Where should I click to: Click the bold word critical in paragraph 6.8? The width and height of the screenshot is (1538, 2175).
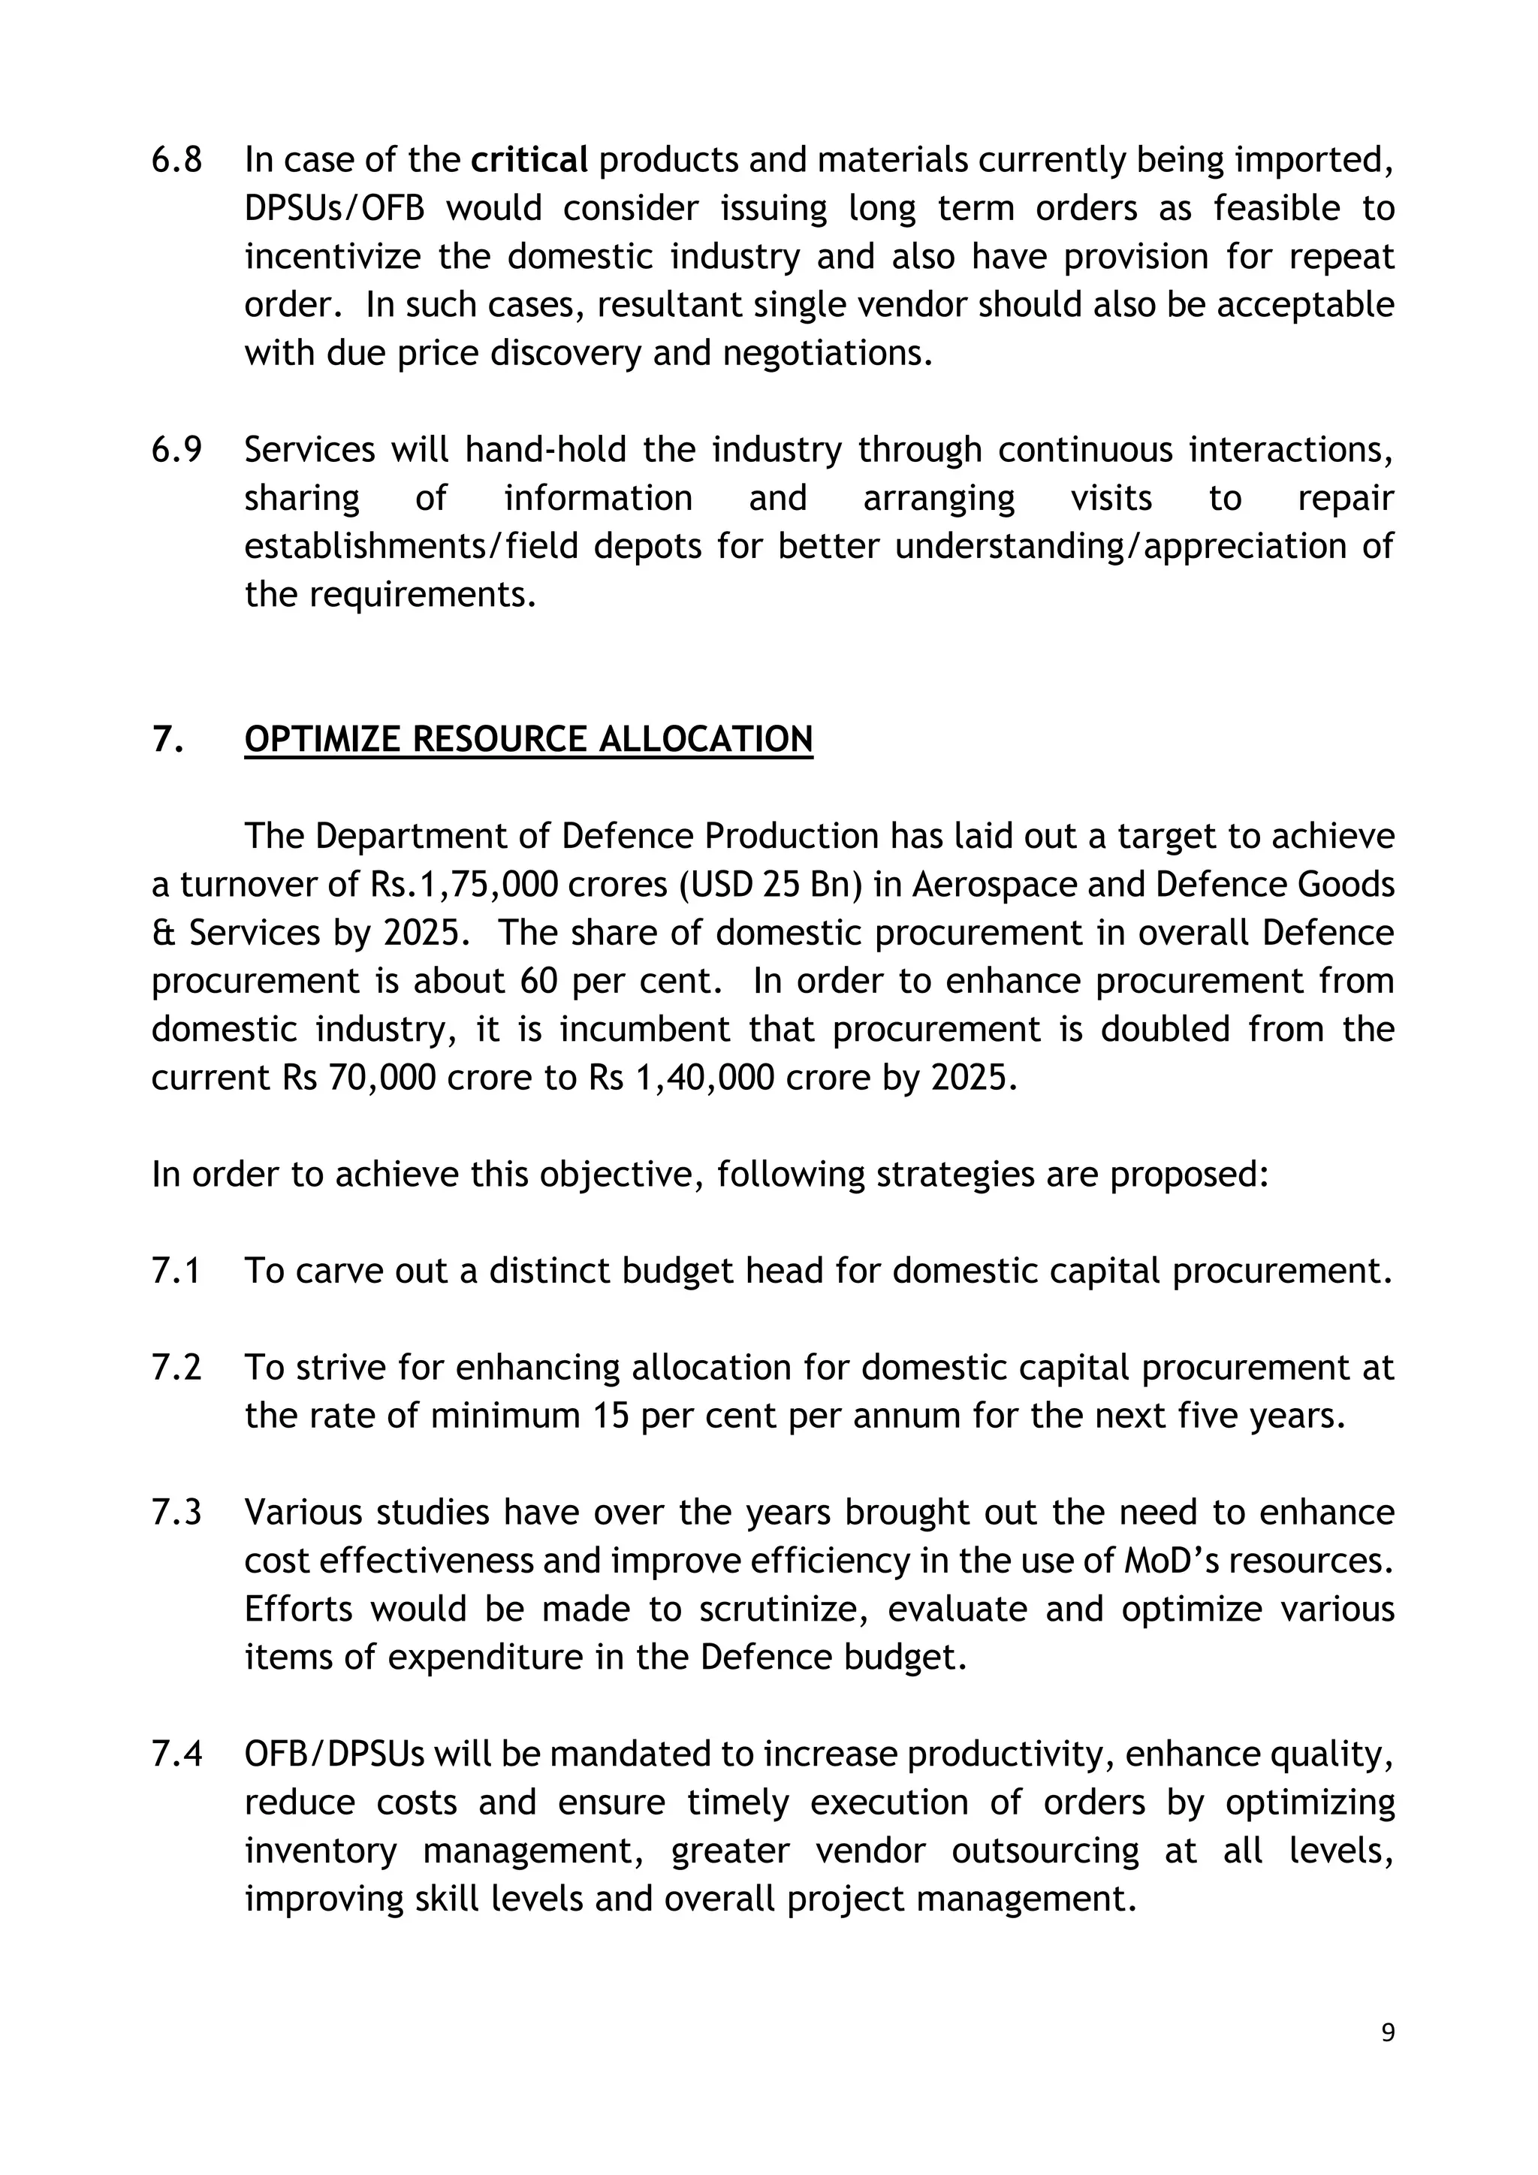[x=529, y=160]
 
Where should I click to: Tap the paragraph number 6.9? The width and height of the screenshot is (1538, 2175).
[x=176, y=450]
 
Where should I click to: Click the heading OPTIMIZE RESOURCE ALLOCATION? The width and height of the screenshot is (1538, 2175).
[x=529, y=739]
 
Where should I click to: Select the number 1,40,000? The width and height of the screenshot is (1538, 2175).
[x=700, y=1078]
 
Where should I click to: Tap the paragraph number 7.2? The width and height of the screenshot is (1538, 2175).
[x=176, y=1368]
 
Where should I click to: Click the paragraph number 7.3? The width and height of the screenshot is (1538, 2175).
[x=176, y=1513]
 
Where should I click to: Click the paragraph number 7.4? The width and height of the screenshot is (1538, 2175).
[x=176, y=1754]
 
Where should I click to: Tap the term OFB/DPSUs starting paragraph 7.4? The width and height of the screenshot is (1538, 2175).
[x=334, y=1754]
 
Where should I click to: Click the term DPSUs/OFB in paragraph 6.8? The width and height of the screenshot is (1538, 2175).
[x=333, y=208]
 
